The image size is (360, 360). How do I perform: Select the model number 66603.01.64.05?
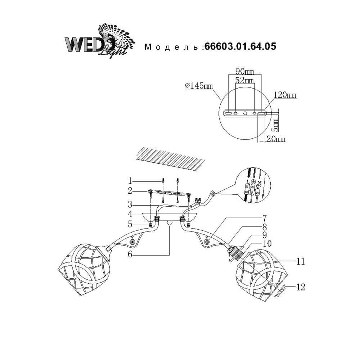coord(240,46)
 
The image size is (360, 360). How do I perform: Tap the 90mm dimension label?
coord(243,71)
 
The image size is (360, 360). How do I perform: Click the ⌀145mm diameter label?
coord(198,86)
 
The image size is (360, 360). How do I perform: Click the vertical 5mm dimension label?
coord(275,124)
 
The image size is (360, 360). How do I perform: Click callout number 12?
coord(301,287)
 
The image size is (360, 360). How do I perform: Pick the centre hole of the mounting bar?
coord(245,113)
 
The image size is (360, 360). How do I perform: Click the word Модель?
coord(171,47)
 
